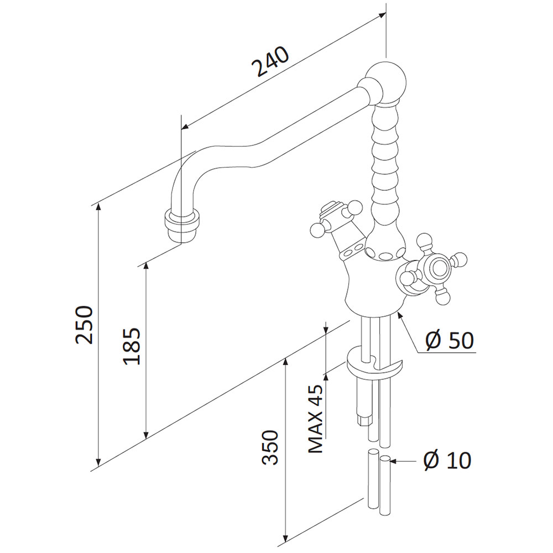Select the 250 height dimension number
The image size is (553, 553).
click(84, 325)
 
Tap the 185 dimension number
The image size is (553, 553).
click(132, 346)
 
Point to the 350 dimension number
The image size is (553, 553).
click(270, 447)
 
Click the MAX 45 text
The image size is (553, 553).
click(316, 418)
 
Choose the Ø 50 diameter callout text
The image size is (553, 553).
click(449, 340)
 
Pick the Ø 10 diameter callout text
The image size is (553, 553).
click(447, 460)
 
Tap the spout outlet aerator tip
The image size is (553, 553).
click(181, 226)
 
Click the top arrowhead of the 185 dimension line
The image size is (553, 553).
click(146, 267)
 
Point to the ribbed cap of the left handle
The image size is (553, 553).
click(328, 209)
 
